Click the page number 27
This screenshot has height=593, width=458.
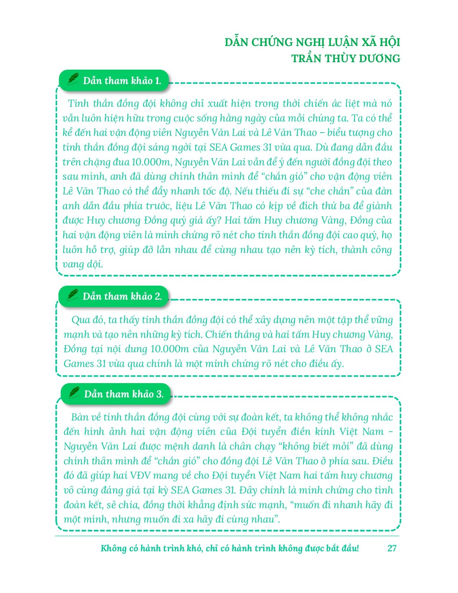click(x=392, y=548)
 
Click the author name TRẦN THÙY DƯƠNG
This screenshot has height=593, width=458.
click(x=346, y=59)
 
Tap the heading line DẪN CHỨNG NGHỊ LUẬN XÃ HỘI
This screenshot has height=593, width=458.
click(x=312, y=42)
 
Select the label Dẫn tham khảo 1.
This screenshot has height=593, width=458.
click(x=122, y=81)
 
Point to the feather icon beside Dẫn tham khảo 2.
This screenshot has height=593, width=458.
click(x=73, y=295)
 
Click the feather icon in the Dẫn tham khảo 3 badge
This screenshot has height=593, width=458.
click(x=74, y=393)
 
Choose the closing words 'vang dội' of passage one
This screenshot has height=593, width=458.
click(x=83, y=265)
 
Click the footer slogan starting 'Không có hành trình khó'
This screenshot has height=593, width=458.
click(x=230, y=548)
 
